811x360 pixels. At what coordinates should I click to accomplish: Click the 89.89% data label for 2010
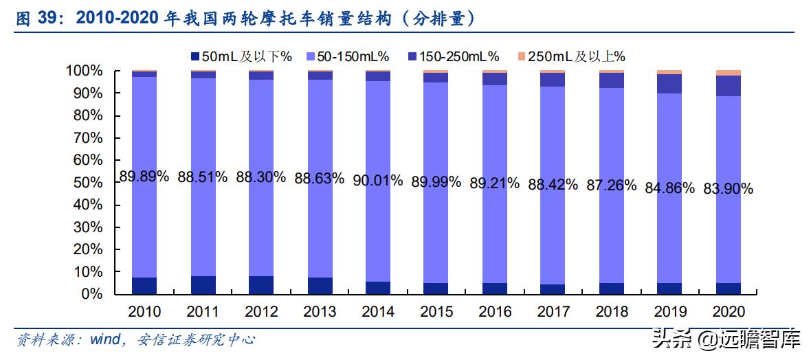144,177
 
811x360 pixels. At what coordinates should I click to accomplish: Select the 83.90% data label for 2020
728,189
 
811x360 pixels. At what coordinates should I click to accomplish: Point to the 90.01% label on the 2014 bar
377,181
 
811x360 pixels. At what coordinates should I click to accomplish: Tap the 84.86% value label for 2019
669,188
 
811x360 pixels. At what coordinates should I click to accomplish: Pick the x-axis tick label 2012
260,312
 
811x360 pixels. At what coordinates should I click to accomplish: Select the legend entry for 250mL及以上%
570,56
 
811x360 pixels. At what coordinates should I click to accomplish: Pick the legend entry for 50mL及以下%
241,56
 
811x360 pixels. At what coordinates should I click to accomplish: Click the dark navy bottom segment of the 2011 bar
203,285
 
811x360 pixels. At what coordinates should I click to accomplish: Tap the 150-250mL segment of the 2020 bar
728,86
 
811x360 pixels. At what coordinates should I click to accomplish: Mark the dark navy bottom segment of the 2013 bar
320,286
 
